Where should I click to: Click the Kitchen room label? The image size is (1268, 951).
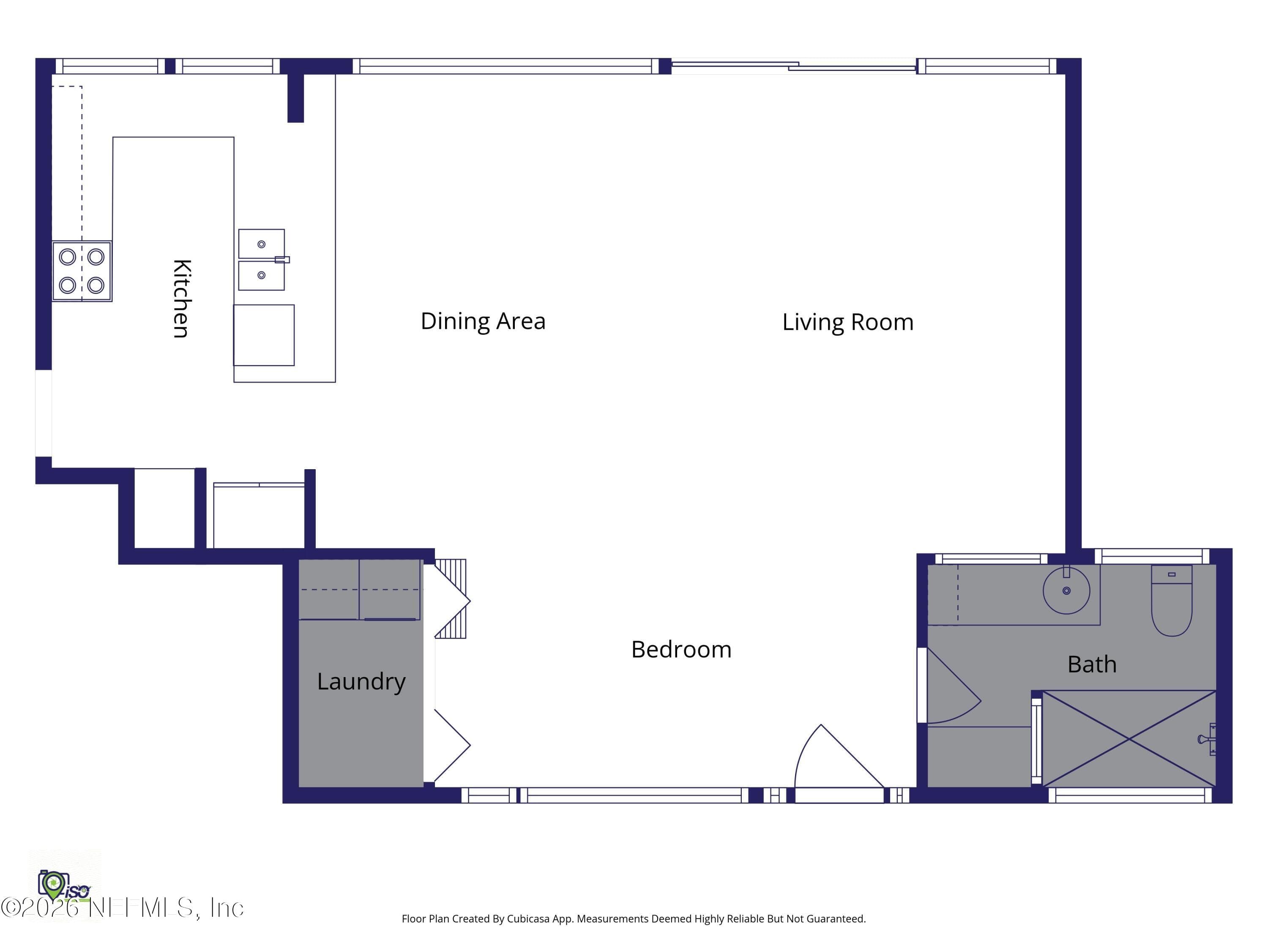point(182,299)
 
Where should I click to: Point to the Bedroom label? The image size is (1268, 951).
point(681,650)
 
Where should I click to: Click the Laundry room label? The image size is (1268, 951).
point(361,682)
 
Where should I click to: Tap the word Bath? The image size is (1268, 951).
point(1092,664)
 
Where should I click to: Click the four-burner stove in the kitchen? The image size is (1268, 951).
point(82,271)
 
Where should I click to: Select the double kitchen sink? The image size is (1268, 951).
point(262,260)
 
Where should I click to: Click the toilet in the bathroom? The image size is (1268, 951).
point(1172,600)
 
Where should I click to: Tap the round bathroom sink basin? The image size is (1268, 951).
point(1066,590)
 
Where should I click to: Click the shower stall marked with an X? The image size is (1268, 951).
point(1129,739)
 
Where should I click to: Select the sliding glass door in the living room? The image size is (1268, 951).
point(794,66)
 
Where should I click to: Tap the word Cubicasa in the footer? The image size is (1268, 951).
point(528,919)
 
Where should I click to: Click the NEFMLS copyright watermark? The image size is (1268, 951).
point(122,907)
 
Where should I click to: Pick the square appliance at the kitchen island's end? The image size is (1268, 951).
point(264,335)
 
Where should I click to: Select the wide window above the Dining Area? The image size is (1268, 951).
point(506,66)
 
